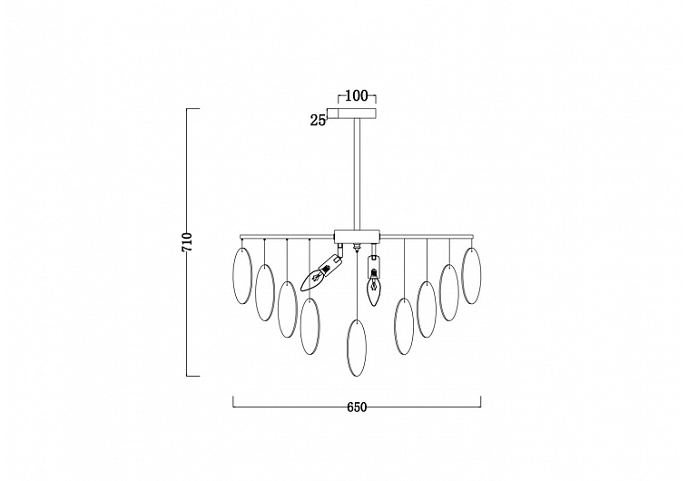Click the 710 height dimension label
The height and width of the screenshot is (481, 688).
pos(187,241)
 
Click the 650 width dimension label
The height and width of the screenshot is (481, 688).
pos(357,407)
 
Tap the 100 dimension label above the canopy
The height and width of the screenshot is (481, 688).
pos(357,95)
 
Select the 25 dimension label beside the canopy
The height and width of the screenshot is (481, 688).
pos(318,120)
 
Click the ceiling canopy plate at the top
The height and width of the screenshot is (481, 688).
pos(357,113)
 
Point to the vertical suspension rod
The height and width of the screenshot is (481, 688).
pos(357,173)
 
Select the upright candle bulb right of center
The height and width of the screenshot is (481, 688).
pos(373,280)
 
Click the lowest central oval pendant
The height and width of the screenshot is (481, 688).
pos(357,348)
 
